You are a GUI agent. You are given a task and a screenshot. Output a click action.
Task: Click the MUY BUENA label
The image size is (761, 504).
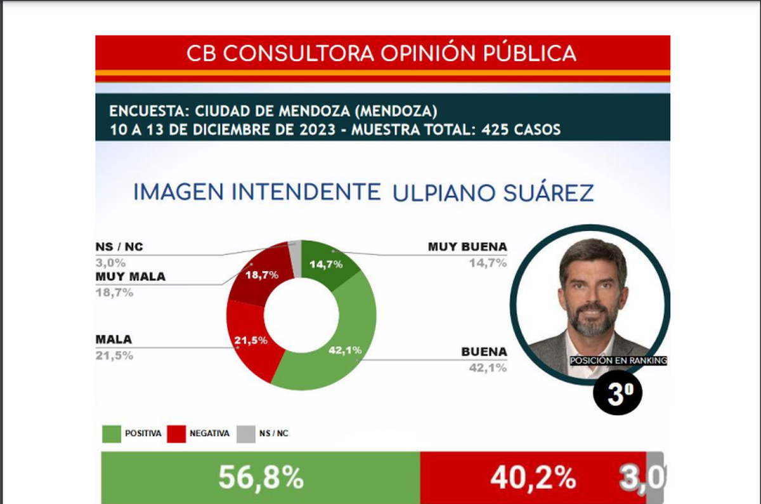[x=468, y=247]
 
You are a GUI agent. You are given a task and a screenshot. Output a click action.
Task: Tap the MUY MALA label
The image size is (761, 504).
[x=130, y=277]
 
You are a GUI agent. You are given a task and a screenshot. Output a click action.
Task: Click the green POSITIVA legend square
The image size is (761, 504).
[x=111, y=434]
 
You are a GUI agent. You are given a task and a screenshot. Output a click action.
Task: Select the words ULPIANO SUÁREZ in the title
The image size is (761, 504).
[x=493, y=192]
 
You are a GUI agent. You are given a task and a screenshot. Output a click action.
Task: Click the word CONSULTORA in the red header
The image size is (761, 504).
[x=298, y=53]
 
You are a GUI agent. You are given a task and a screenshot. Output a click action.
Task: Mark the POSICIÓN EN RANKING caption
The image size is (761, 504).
[x=618, y=361]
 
